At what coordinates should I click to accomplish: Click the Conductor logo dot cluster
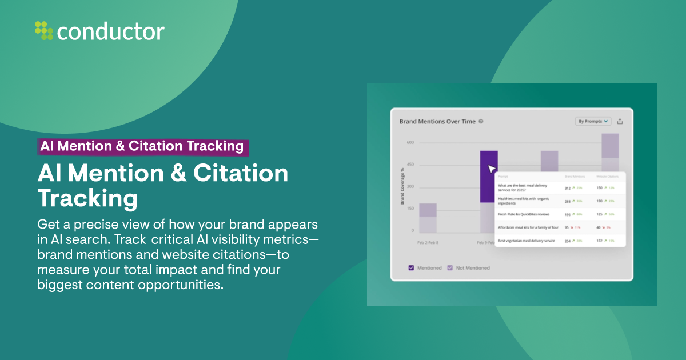point(44,30)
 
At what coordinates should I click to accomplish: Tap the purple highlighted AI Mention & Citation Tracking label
point(142,146)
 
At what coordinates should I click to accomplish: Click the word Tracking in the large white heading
point(87,198)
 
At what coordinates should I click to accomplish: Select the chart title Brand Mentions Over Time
point(437,121)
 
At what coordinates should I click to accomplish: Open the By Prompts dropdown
point(593,121)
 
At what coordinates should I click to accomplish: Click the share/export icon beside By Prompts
point(620,121)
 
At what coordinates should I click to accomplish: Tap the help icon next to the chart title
point(481,121)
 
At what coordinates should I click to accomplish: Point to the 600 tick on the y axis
point(410,143)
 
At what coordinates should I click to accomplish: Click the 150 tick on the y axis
point(410,209)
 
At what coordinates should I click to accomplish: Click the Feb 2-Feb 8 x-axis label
point(428,242)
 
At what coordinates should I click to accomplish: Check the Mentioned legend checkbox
point(411,267)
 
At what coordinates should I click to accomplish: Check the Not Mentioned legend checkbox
point(449,267)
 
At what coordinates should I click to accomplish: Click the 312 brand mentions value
point(568,187)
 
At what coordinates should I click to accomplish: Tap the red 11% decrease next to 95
point(578,227)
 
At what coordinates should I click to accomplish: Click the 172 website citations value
point(600,241)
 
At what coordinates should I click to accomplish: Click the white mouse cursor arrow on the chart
point(491,169)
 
